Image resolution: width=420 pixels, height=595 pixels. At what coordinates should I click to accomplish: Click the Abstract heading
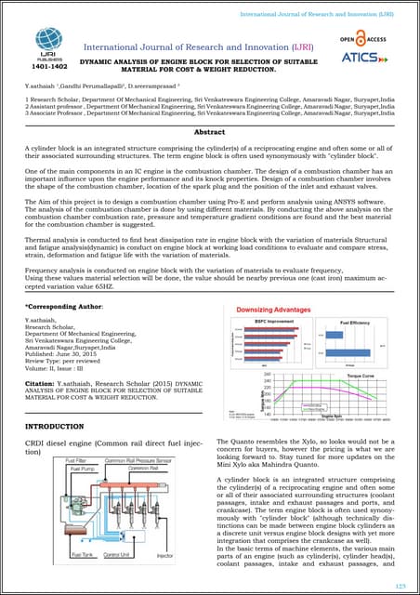pyautogui.click(x=209, y=133)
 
